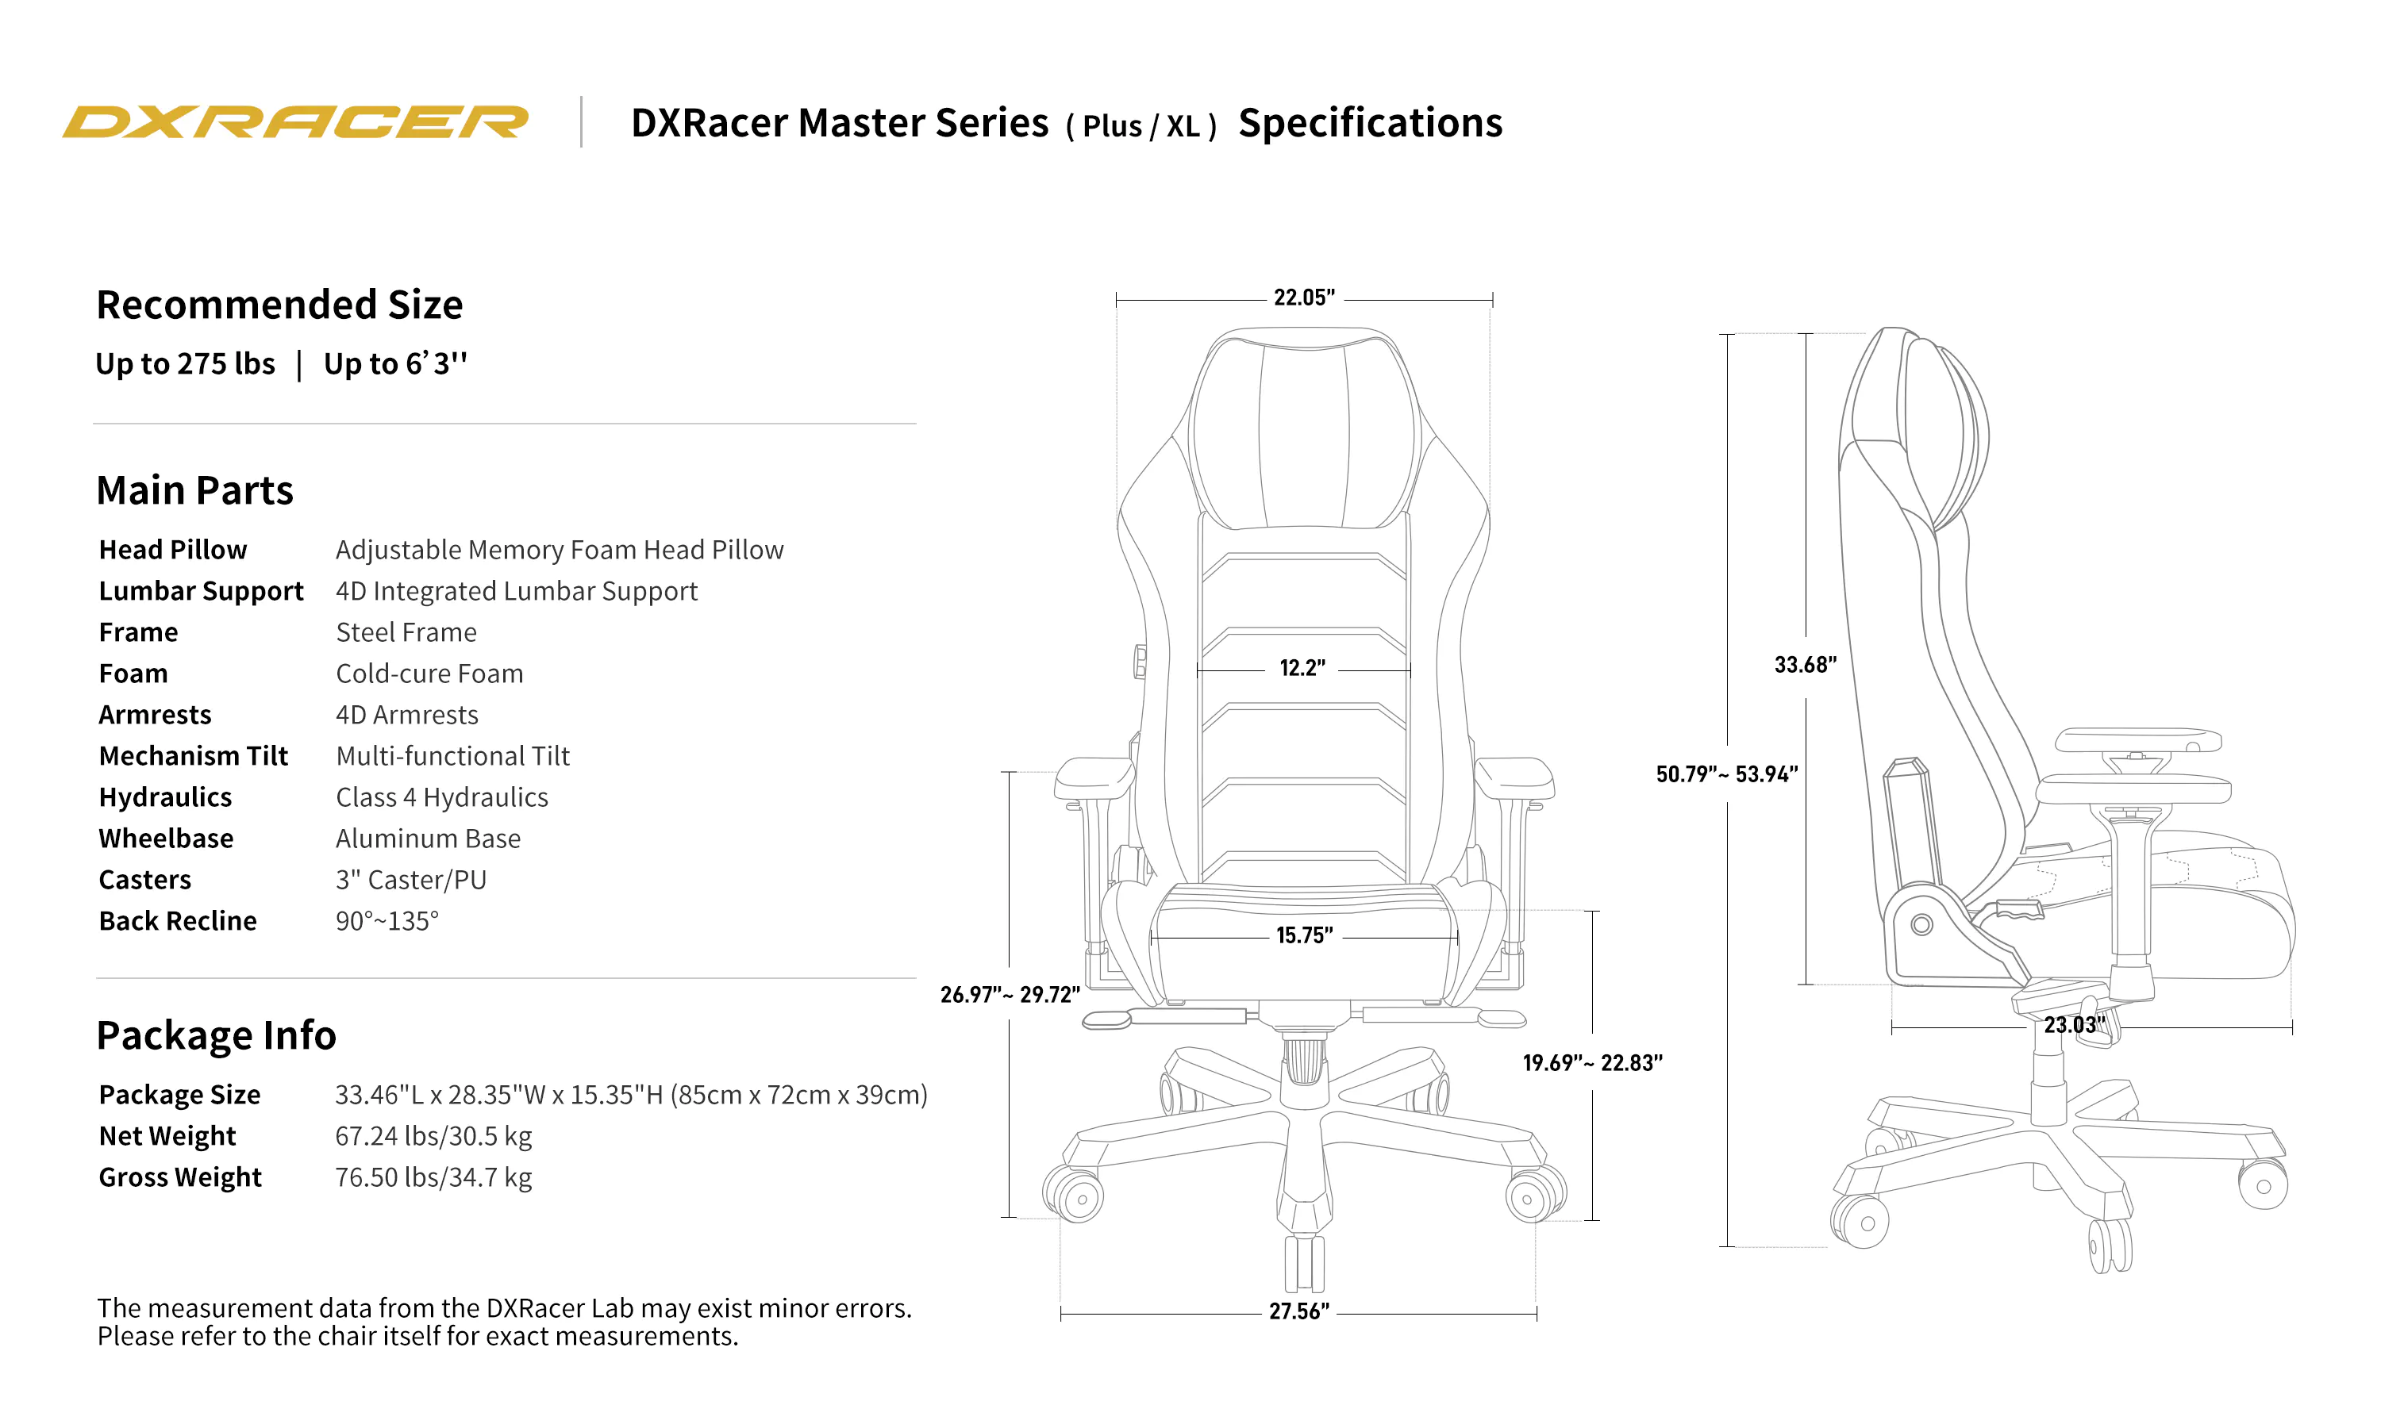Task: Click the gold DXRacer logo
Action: [x=294, y=122]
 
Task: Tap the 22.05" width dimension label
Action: [x=1303, y=298]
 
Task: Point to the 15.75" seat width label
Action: [x=1303, y=935]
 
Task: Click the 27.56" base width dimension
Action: [x=1298, y=1311]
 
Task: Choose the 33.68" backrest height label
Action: [x=1805, y=665]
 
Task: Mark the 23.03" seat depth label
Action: [x=2074, y=1026]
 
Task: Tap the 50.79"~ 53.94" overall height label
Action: [x=1726, y=774]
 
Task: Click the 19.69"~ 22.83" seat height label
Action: [x=1592, y=1063]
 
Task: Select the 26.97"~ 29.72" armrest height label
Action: [x=1010, y=995]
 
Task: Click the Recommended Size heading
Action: [x=279, y=305]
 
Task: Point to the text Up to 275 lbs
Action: [x=185, y=363]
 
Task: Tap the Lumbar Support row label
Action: [x=200, y=591]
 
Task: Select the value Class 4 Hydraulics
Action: [x=442, y=798]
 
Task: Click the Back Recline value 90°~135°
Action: [x=387, y=921]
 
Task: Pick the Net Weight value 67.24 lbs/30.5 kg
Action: [x=433, y=1136]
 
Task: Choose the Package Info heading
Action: [x=216, y=1035]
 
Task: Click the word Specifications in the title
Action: [x=1370, y=123]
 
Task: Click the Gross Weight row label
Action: [x=180, y=1178]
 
